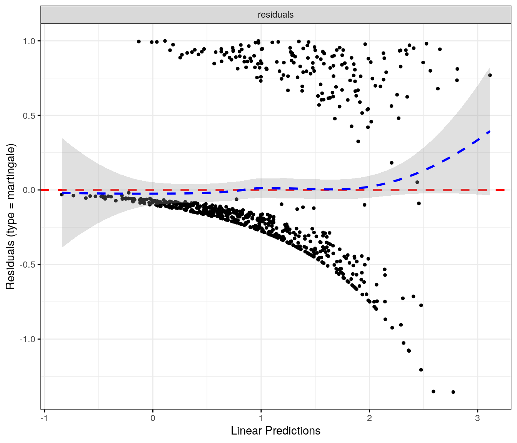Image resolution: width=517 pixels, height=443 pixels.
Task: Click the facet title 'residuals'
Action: (x=275, y=15)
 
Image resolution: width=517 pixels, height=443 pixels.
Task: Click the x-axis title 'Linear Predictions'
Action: (x=275, y=431)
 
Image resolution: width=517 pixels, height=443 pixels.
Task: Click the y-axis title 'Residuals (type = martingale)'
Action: (x=10, y=217)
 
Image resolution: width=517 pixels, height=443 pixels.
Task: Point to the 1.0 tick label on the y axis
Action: (x=29, y=41)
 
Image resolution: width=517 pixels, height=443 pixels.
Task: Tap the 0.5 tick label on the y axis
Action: (x=29, y=115)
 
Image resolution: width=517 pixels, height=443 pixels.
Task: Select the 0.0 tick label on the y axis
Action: (x=29, y=190)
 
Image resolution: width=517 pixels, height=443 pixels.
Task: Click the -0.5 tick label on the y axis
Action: (x=28, y=265)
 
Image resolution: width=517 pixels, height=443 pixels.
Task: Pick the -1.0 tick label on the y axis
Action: (x=28, y=339)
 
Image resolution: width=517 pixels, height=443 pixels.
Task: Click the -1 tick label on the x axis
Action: (x=44, y=418)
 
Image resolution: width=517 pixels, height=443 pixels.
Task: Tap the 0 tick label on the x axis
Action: (x=153, y=418)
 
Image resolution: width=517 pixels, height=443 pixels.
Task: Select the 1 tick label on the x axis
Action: (x=261, y=418)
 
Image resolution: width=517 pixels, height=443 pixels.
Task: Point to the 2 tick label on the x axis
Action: (x=369, y=418)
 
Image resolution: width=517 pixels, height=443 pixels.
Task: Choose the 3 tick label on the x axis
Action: (x=477, y=418)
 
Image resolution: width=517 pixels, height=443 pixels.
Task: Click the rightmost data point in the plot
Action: (x=490, y=75)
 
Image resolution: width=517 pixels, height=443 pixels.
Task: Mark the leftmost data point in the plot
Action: (x=62, y=195)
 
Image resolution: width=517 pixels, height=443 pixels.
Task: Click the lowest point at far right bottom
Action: (x=453, y=392)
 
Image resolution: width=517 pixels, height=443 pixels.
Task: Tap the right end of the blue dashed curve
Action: (x=489, y=132)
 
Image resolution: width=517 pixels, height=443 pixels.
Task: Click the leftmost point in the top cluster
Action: (x=139, y=42)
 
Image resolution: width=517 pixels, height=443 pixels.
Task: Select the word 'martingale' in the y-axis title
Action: (x=10, y=172)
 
